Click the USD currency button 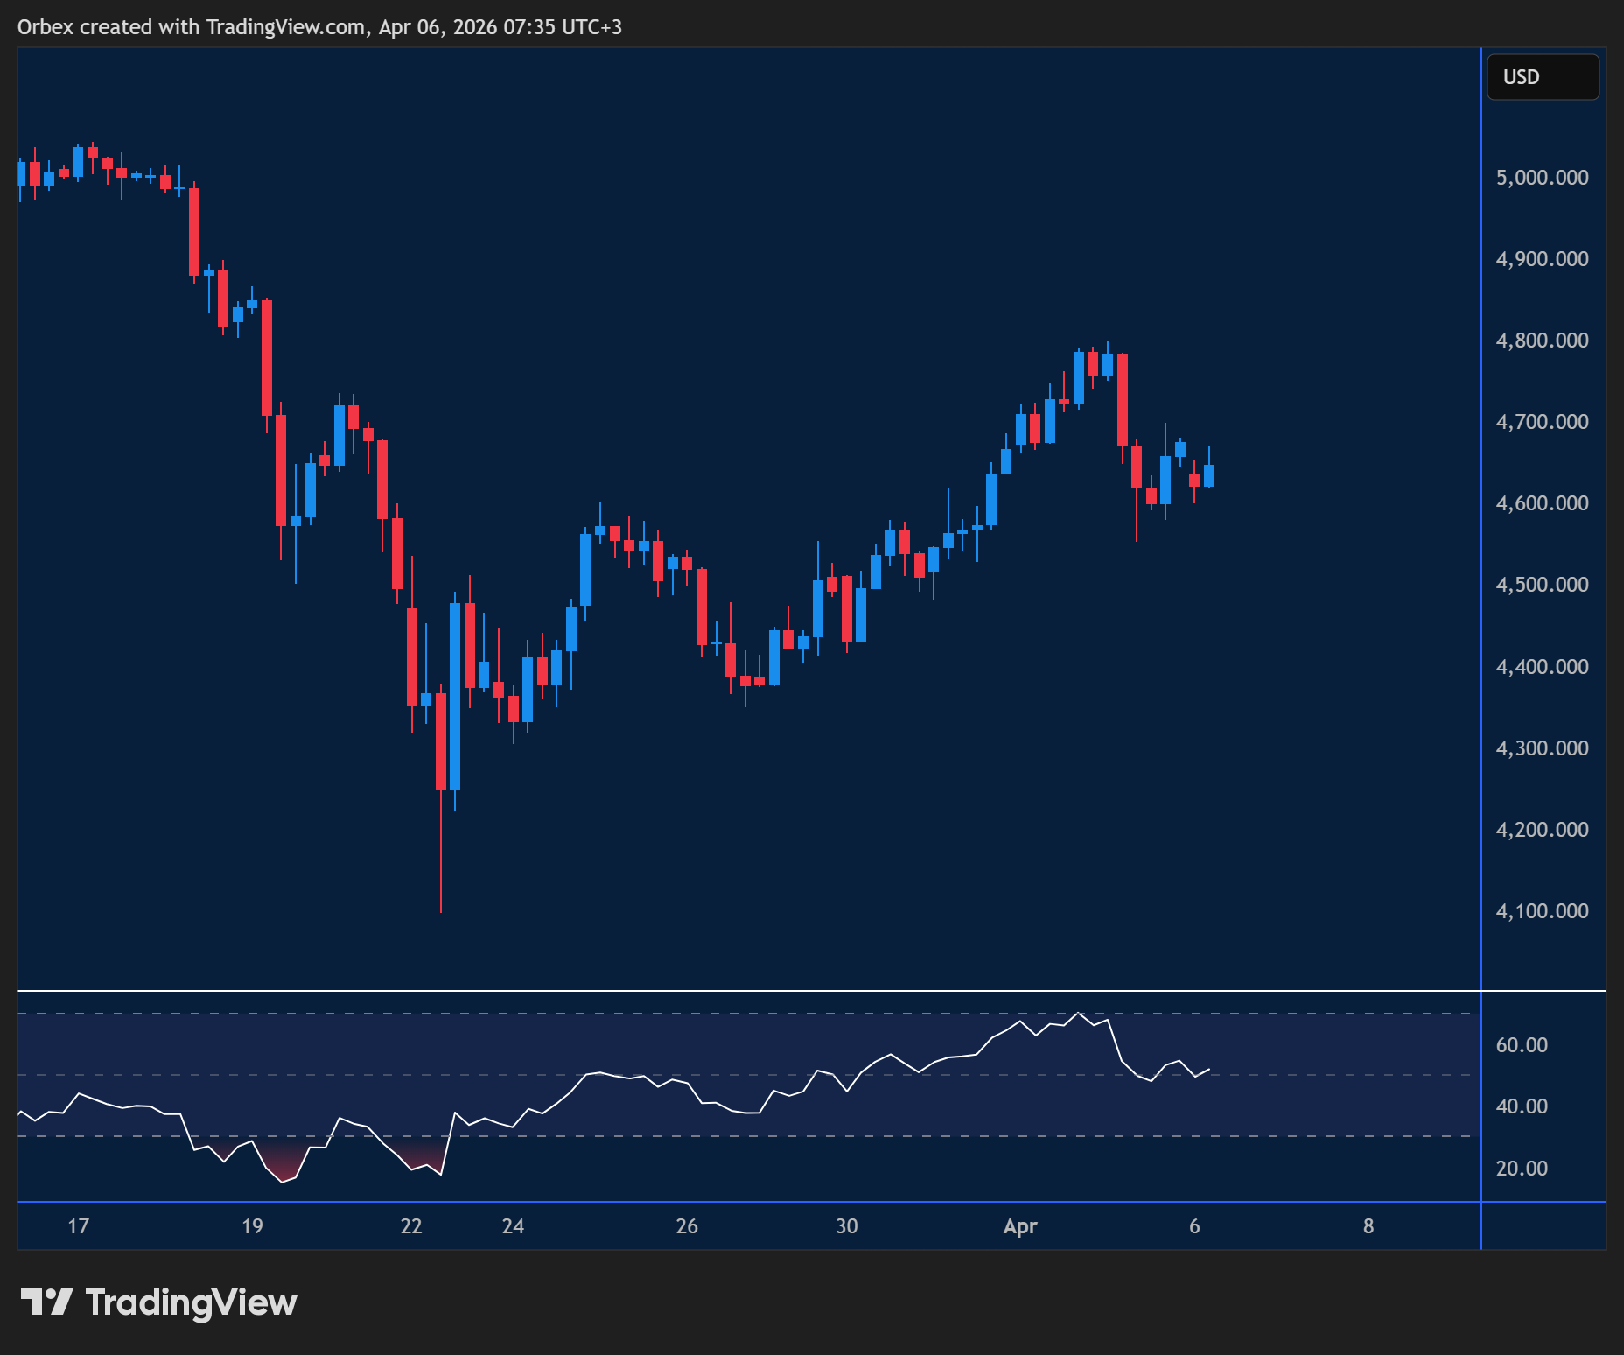(1543, 77)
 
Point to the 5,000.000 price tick (1542, 178)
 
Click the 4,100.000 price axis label (1542, 911)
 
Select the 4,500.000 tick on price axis (1542, 585)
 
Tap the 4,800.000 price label (1542, 341)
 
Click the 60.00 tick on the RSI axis (1522, 1045)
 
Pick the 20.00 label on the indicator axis (1522, 1169)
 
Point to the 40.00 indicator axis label (1522, 1106)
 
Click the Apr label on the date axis (1020, 1226)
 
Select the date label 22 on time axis (411, 1226)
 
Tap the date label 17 (79, 1226)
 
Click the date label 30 (847, 1226)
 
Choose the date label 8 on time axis (1368, 1226)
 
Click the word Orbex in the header (45, 27)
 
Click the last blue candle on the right (1209, 475)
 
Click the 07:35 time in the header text (529, 27)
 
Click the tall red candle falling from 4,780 (1123, 400)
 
